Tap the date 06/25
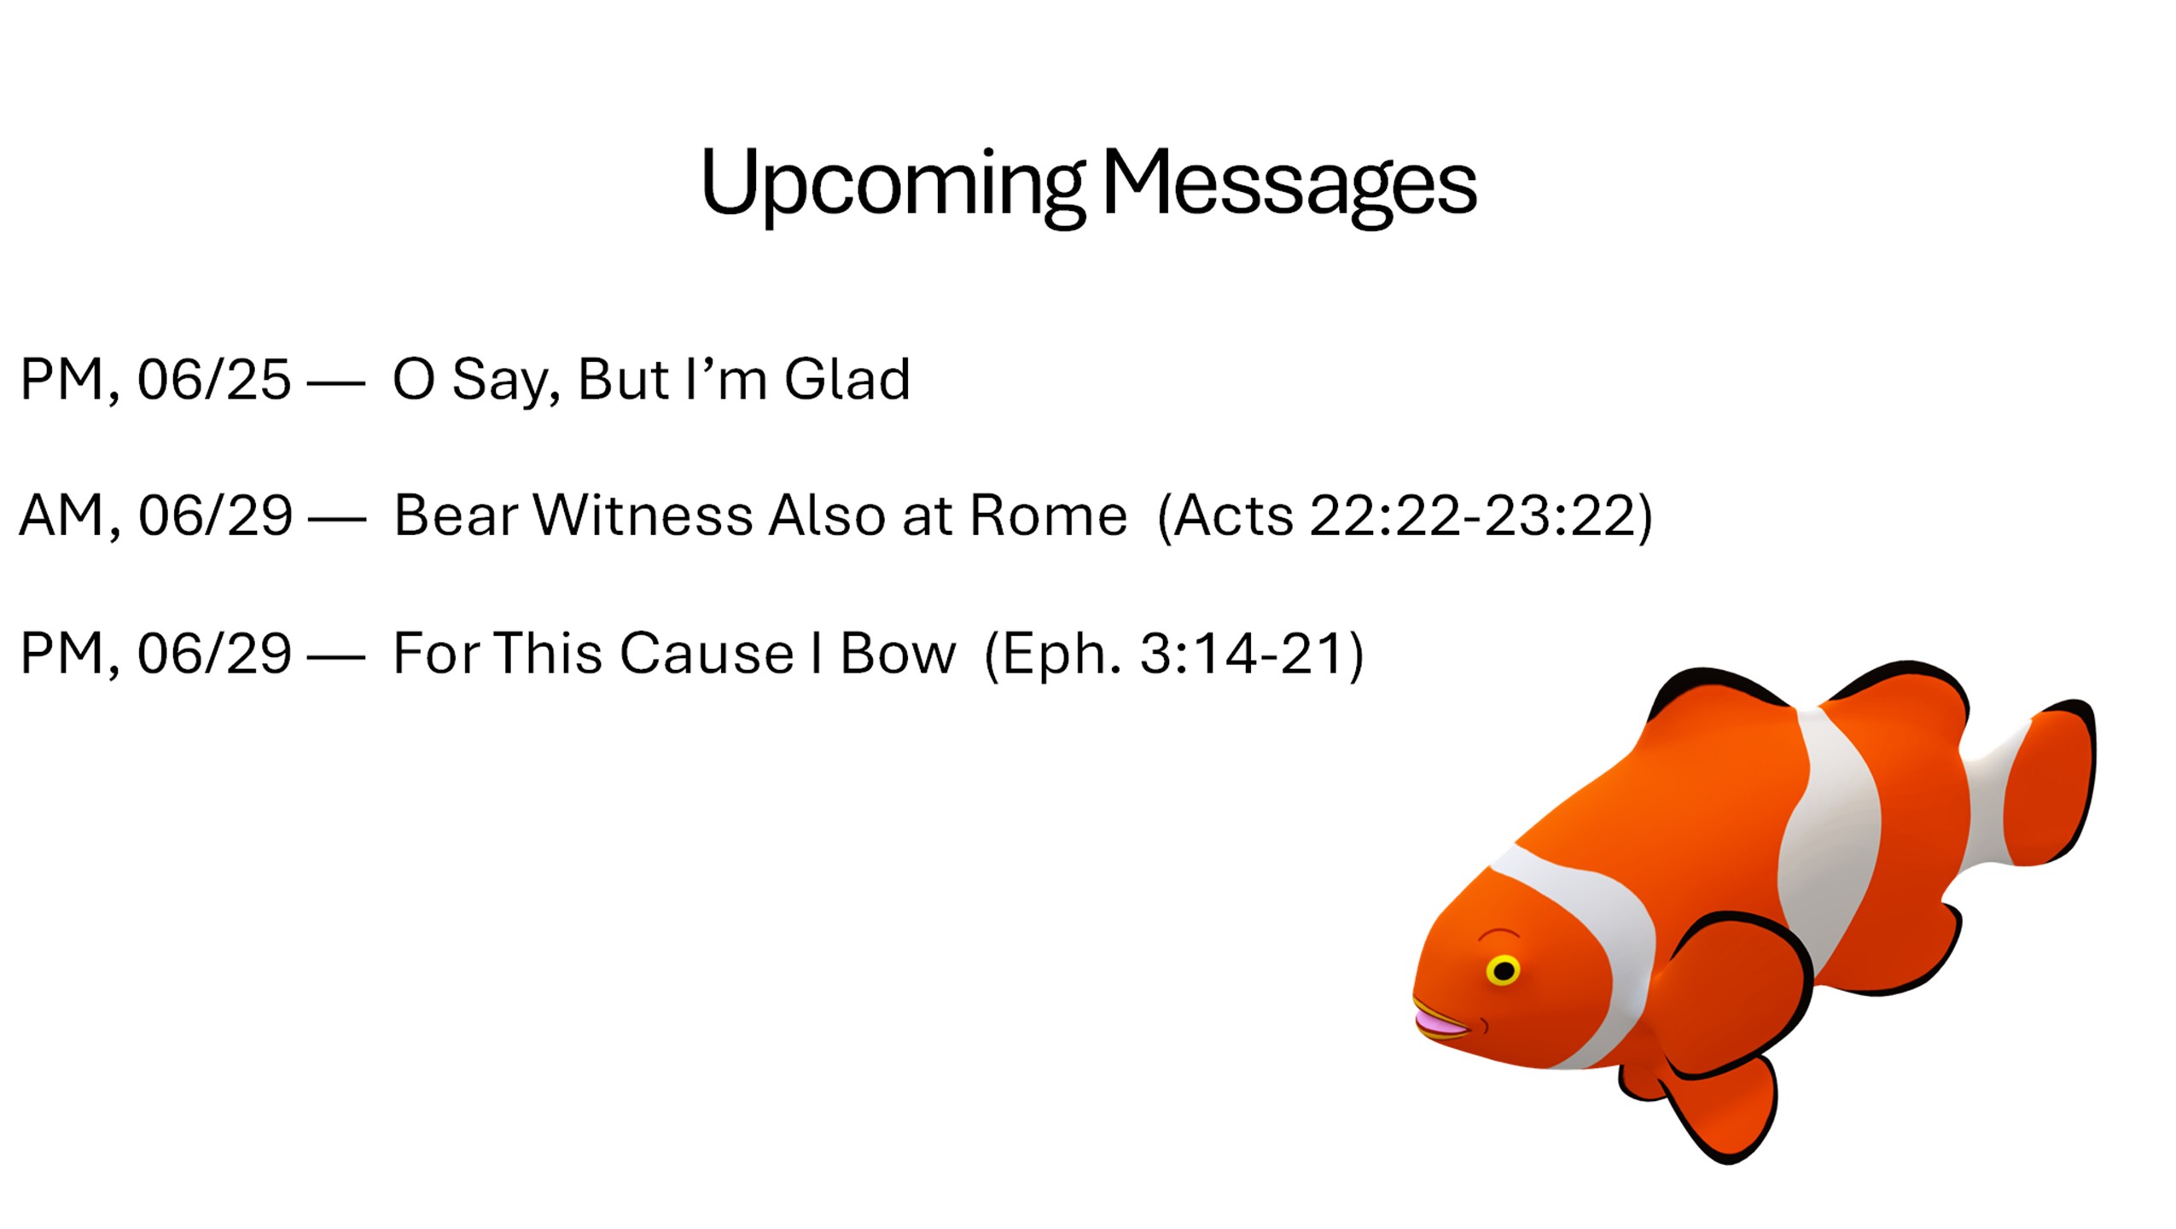[214, 379]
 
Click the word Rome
[1049, 515]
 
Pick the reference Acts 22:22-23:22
[1405, 516]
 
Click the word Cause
[707, 654]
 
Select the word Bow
[899, 654]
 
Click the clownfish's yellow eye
[1503, 970]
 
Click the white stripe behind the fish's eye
[1587, 947]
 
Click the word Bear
[455, 515]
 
